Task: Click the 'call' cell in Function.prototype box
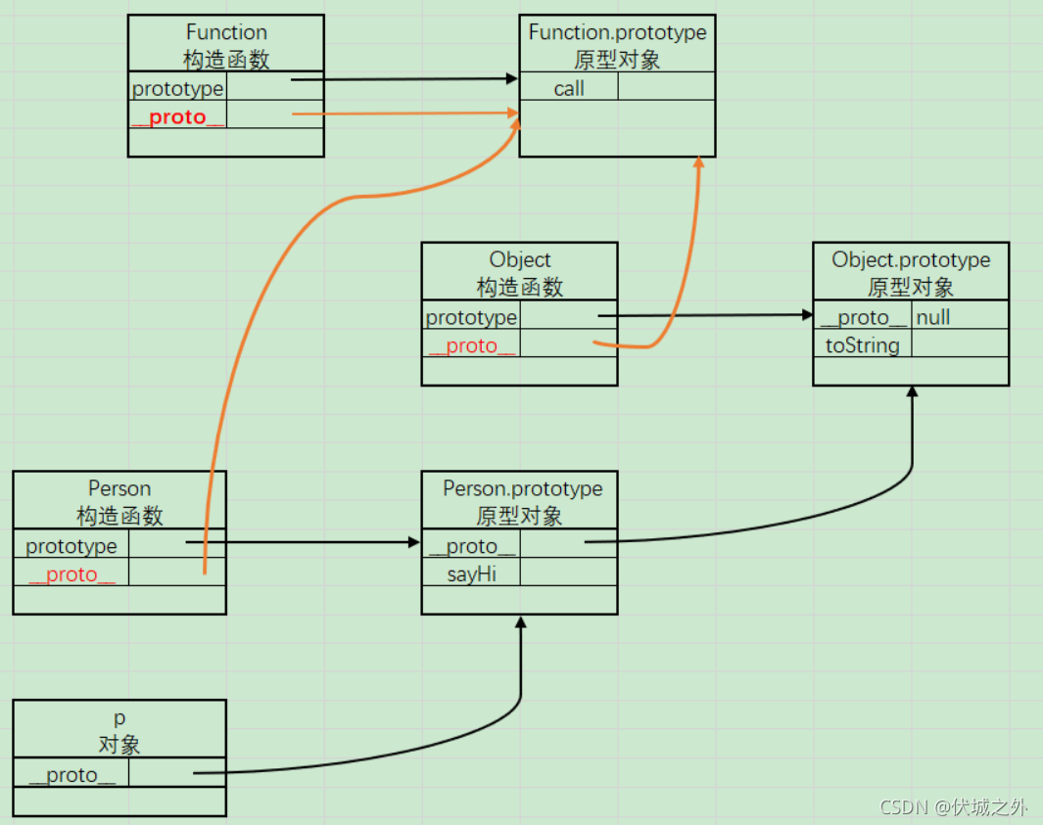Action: [x=568, y=88]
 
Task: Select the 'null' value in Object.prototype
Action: [x=933, y=317]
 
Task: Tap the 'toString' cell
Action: [x=862, y=344]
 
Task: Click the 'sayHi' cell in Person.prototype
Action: [x=471, y=573]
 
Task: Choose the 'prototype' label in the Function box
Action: [x=177, y=89]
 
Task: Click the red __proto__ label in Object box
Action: [x=471, y=345]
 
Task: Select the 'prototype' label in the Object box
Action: [x=471, y=317]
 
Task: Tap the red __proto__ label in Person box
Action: [x=71, y=574]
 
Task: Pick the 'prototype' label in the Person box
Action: [x=71, y=546]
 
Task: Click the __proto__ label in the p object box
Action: [x=71, y=775]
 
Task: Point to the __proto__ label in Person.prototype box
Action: [x=471, y=546]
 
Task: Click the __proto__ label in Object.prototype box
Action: [x=863, y=317]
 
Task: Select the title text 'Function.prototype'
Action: [x=617, y=32]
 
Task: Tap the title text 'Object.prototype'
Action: [x=911, y=259]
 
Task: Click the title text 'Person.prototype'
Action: [x=523, y=488]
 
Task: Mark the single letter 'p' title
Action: [x=119, y=717]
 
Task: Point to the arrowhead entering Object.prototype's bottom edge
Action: [x=912, y=391]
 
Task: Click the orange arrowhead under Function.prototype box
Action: [x=698, y=163]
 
